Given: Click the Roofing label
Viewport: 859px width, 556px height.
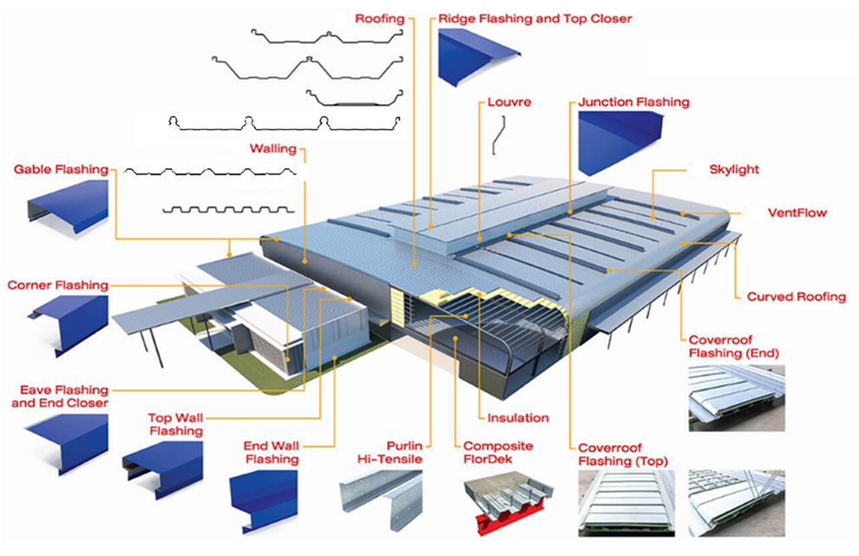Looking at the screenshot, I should [x=380, y=18].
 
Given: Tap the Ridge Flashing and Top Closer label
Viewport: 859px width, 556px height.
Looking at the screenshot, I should [x=535, y=18].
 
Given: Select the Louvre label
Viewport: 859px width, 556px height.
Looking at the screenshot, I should [x=508, y=101].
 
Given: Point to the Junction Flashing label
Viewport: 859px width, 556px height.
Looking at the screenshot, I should [x=633, y=101].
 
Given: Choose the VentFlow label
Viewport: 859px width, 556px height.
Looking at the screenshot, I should [x=797, y=212].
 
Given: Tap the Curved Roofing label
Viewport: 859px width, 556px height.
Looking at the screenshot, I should [x=796, y=297].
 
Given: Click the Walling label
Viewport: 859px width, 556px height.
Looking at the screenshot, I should [x=272, y=148].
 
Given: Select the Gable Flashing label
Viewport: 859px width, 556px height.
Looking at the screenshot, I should [x=61, y=169].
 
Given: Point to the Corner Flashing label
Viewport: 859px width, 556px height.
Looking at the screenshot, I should [x=58, y=285].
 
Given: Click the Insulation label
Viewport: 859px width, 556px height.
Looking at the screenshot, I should [x=518, y=417].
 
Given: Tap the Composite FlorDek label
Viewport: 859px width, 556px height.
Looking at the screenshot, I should [x=498, y=452].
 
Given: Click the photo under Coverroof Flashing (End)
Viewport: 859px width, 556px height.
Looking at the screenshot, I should [x=736, y=396].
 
